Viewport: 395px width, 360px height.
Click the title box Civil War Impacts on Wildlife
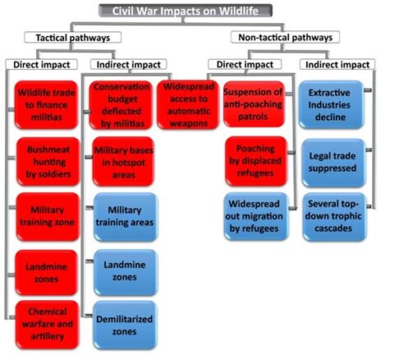point(185,11)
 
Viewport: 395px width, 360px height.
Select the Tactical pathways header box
point(72,38)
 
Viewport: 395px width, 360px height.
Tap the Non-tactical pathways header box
point(286,37)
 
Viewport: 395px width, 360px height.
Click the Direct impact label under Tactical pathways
point(42,65)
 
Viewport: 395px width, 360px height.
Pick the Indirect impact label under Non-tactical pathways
point(337,65)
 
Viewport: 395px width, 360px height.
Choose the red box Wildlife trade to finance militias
point(46,105)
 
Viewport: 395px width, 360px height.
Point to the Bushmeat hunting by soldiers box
point(49,162)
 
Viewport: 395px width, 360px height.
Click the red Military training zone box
point(48,217)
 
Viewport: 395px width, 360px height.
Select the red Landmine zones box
point(46,273)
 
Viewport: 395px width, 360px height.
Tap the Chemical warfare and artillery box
point(47,325)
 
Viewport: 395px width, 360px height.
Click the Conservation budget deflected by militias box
point(121,105)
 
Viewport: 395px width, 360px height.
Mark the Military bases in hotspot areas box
point(123,162)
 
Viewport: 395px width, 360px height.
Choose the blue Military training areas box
point(125,217)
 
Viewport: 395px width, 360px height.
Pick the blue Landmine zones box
point(125,272)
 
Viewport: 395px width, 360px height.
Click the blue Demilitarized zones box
point(125,325)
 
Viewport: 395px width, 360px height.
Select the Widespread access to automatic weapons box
point(188,104)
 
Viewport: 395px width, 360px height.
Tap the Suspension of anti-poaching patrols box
point(253,104)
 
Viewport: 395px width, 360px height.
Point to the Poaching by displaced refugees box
point(256,161)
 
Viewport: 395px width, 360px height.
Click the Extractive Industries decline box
point(332,104)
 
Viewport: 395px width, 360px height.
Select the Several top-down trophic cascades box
point(334,217)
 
